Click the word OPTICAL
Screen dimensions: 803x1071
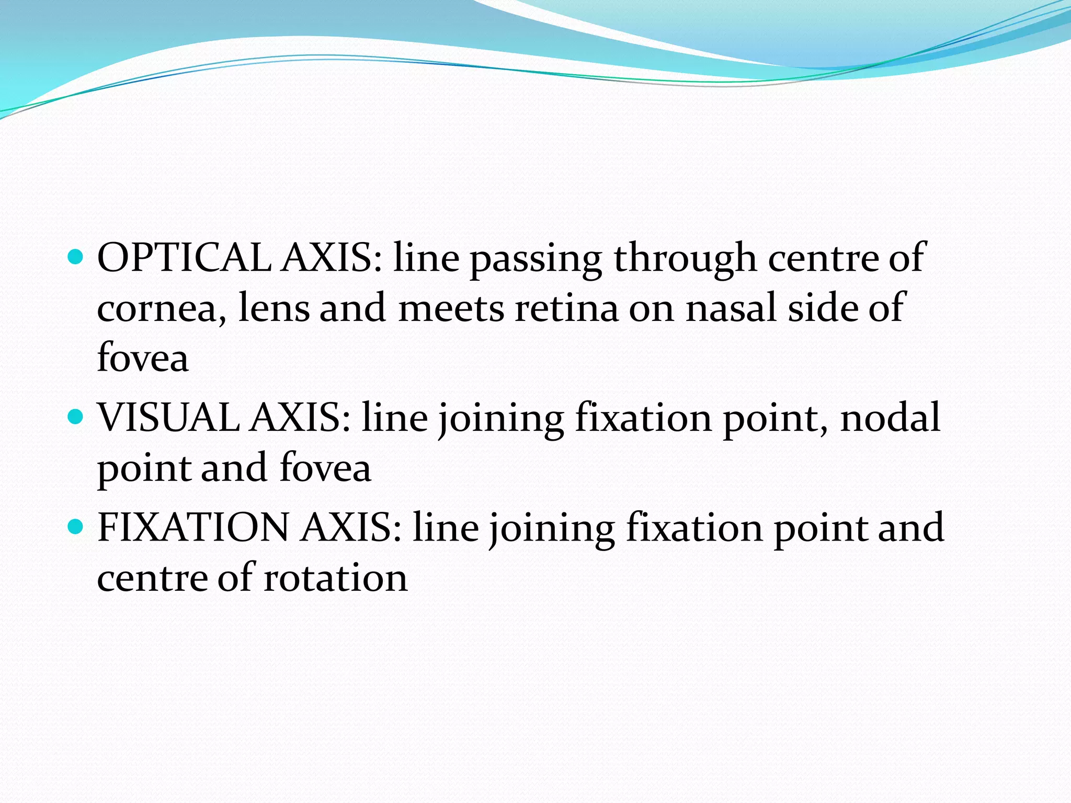184,258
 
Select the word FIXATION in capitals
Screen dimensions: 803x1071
193,527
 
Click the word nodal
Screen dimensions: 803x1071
890,418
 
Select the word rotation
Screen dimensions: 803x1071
335,578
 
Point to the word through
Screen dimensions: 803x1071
685,259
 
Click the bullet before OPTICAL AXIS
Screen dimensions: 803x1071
76,258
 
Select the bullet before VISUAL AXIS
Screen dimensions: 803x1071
76,417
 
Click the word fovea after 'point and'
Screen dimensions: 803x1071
325,467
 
